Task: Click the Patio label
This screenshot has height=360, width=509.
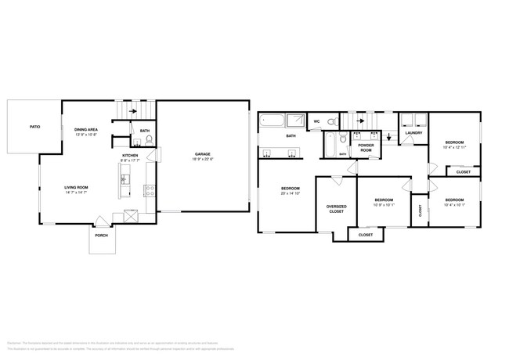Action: pos(34,126)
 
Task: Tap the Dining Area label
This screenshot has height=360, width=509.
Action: pos(86,130)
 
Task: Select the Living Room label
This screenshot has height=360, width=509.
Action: pos(76,188)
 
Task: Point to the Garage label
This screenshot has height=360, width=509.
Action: pos(204,154)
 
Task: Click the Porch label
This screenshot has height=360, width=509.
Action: pos(101,235)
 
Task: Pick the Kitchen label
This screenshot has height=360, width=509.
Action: pos(130,156)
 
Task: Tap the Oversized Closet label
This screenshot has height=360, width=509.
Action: pos(335,208)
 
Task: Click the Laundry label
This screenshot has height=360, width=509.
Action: pos(413,132)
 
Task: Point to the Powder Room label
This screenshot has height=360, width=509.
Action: pos(366,147)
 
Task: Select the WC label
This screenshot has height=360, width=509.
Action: pos(317,122)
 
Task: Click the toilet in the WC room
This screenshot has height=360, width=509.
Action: pos(331,122)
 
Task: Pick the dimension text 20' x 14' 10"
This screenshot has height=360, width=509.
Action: pos(290,193)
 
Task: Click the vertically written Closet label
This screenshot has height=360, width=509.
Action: pos(421,210)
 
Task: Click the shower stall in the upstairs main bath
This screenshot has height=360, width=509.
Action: pos(296,121)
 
